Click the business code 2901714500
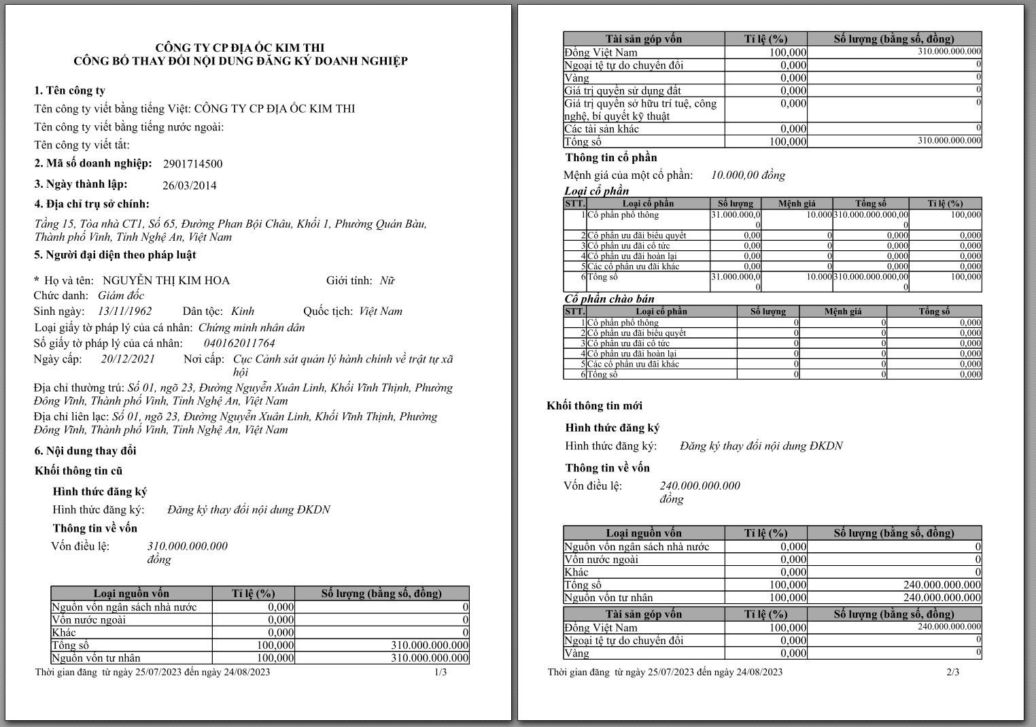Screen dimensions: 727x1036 (192, 164)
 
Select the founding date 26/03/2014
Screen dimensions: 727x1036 (190, 185)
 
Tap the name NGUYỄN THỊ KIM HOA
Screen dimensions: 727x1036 (166, 280)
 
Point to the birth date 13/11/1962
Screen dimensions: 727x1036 (125, 311)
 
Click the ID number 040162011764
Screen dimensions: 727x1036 (239, 343)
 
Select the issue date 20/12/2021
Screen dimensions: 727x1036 (128, 359)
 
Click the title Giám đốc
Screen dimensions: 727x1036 (121, 296)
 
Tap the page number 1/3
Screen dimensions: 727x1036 (441, 672)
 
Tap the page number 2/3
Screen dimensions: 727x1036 (953, 672)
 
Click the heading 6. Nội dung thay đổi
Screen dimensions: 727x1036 (86, 451)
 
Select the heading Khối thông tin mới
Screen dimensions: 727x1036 (594, 406)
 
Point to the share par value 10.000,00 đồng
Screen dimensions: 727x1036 (748, 175)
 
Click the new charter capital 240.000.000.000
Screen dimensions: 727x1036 (700, 486)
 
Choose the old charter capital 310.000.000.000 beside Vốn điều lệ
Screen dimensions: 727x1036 (188, 546)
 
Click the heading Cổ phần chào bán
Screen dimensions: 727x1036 (609, 299)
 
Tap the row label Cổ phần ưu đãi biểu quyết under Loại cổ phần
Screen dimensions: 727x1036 (636, 235)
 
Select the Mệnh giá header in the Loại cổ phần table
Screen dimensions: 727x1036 (797, 203)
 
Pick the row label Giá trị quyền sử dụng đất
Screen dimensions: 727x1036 (622, 90)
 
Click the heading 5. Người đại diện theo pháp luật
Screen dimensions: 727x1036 (115, 255)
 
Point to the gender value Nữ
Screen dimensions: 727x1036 (387, 280)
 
